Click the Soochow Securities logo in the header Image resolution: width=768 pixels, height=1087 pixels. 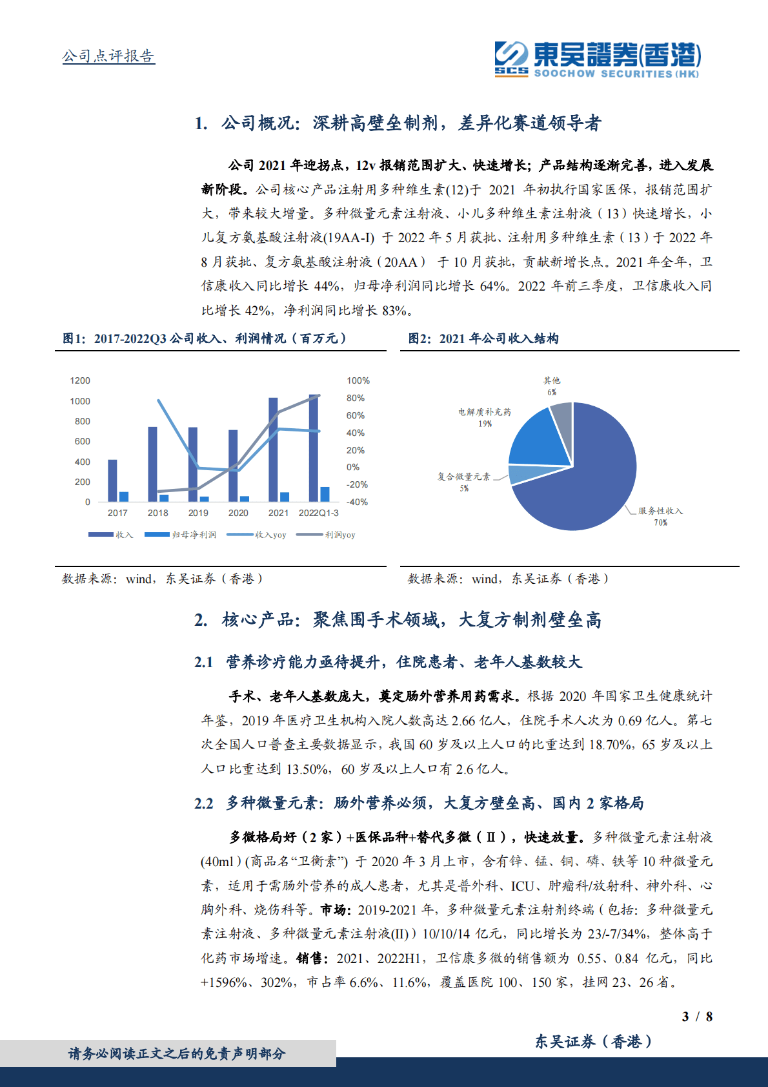point(597,59)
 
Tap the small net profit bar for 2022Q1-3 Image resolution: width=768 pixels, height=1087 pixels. point(325,494)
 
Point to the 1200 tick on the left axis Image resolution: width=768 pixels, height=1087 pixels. point(80,380)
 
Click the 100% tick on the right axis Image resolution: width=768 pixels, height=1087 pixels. point(358,380)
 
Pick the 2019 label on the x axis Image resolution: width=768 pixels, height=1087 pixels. point(198,513)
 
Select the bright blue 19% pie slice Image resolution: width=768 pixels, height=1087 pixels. point(536,439)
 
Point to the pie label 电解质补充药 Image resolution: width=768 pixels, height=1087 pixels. point(484,412)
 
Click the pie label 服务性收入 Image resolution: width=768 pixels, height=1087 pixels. point(660,511)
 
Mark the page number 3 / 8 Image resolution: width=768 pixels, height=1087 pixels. point(697,1017)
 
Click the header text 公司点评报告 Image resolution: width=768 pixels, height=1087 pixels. point(108,56)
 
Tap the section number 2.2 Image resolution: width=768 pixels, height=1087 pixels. point(203,803)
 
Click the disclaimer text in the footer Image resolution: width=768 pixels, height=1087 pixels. point(177,1053)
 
